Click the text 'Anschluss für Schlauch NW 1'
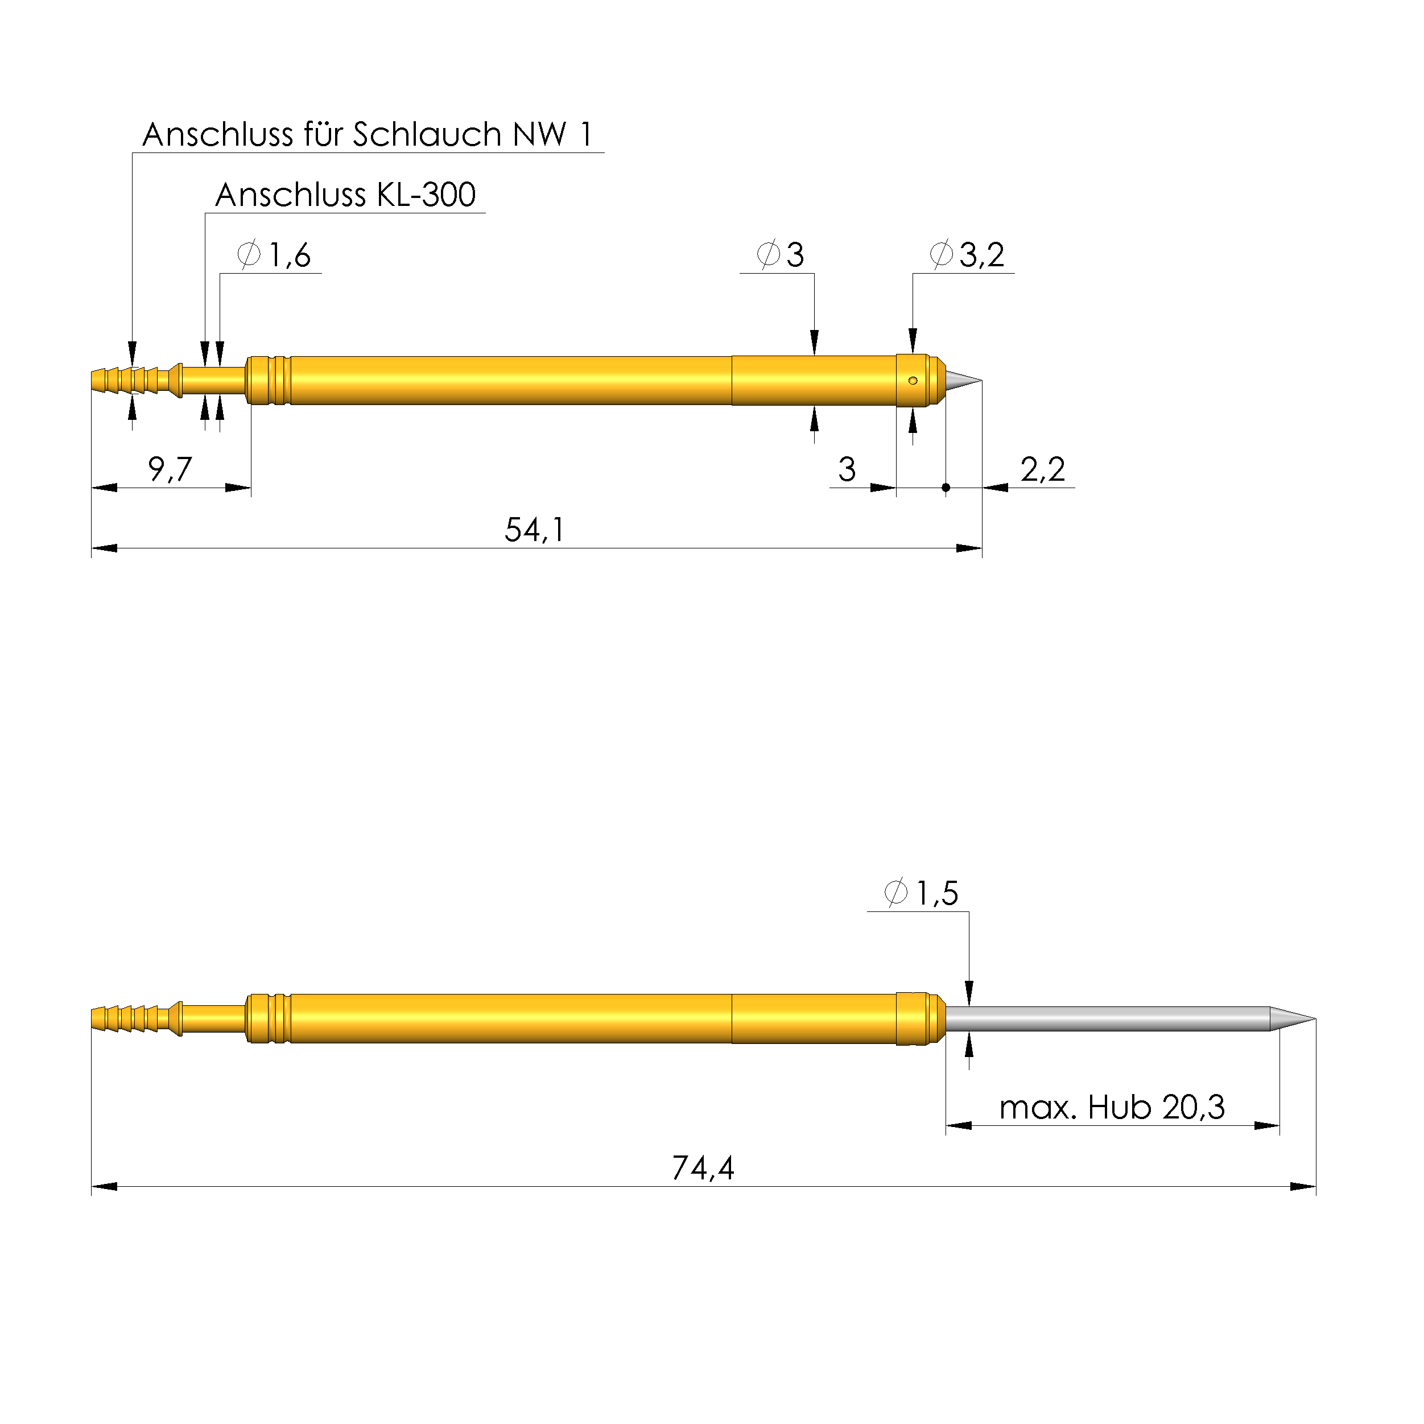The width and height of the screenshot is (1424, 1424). tap(367, 135)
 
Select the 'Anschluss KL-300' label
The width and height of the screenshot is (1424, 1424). tap(345, 195)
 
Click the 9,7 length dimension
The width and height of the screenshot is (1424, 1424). tap(170, 469)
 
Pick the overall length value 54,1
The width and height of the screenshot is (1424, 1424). tap(534, 530)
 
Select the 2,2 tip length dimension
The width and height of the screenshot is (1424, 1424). tap(1042, 469)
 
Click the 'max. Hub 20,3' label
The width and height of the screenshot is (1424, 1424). tap(1112, 1107)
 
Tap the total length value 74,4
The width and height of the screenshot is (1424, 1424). tap(703, 1168)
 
